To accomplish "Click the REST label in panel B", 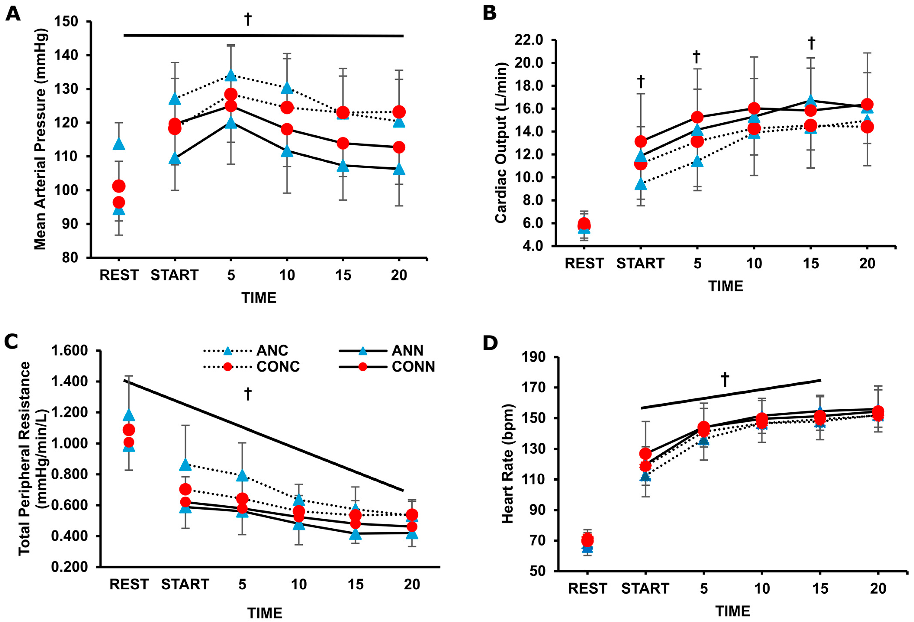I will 584,263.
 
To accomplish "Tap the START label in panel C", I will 185,584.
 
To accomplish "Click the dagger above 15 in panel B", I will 811,44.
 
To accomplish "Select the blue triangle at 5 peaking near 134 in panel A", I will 231,75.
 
